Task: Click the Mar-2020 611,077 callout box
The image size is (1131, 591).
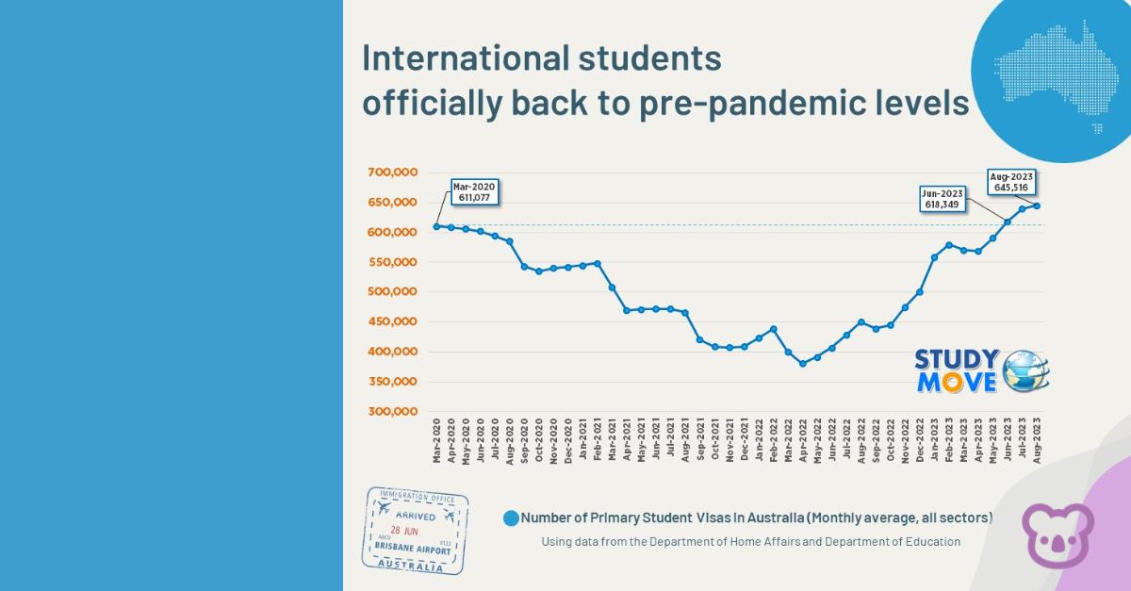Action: [472, 191]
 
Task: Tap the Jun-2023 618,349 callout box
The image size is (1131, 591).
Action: [942, 199]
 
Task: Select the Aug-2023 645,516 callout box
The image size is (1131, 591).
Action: [1011, 181]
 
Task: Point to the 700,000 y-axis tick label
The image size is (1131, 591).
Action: [394, 172]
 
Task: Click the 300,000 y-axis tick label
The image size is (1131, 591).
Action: [394, 412]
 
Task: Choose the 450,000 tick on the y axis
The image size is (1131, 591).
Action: [394, 322]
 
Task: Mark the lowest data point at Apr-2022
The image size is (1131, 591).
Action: [803, 363]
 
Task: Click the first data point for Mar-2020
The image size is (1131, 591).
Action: [436, 226]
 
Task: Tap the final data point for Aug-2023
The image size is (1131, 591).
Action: [1037, 205]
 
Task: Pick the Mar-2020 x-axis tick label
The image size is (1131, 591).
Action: [436, 439]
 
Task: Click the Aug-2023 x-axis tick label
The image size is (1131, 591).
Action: [1037, 439]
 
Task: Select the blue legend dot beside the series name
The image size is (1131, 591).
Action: [511, 517]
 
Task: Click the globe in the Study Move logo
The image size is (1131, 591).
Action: [1025, 370]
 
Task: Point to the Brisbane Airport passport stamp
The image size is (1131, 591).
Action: [415, 531]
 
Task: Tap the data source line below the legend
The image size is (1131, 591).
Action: [750, 542]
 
